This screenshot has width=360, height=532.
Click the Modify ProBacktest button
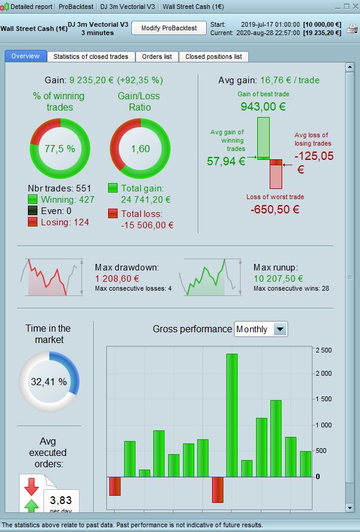tap(169, 29)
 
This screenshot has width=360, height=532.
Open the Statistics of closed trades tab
tap(91, 56)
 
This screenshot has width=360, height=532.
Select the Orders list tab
tap(157, 56)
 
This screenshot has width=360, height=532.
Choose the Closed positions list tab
tap(213, 56)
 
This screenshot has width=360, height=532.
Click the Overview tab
tap(25, 56)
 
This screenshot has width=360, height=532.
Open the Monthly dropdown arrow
tap(280, 329)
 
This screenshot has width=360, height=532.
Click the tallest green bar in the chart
tap(232, 415)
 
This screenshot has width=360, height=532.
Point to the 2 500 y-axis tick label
tap(324, 350)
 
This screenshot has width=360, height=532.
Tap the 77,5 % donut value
tap(60, 149)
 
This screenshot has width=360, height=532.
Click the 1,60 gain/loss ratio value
tap(140, 149)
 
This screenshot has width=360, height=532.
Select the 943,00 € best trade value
tap(263, 106)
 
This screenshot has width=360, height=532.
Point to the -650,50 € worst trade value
tap(274, 209)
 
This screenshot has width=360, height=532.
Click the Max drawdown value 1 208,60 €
tap(117, 278)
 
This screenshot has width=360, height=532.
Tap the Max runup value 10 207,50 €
tap(278, 278)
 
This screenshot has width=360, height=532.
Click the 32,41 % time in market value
tap(49, 381)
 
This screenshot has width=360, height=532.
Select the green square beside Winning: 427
tap(33, 200)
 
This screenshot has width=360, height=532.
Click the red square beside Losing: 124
tap(33, 222)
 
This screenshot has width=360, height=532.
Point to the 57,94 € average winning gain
tap(226, 161)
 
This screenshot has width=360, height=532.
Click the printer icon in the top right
tap(352, 28)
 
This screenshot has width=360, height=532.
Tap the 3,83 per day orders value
tap(61, 500)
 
